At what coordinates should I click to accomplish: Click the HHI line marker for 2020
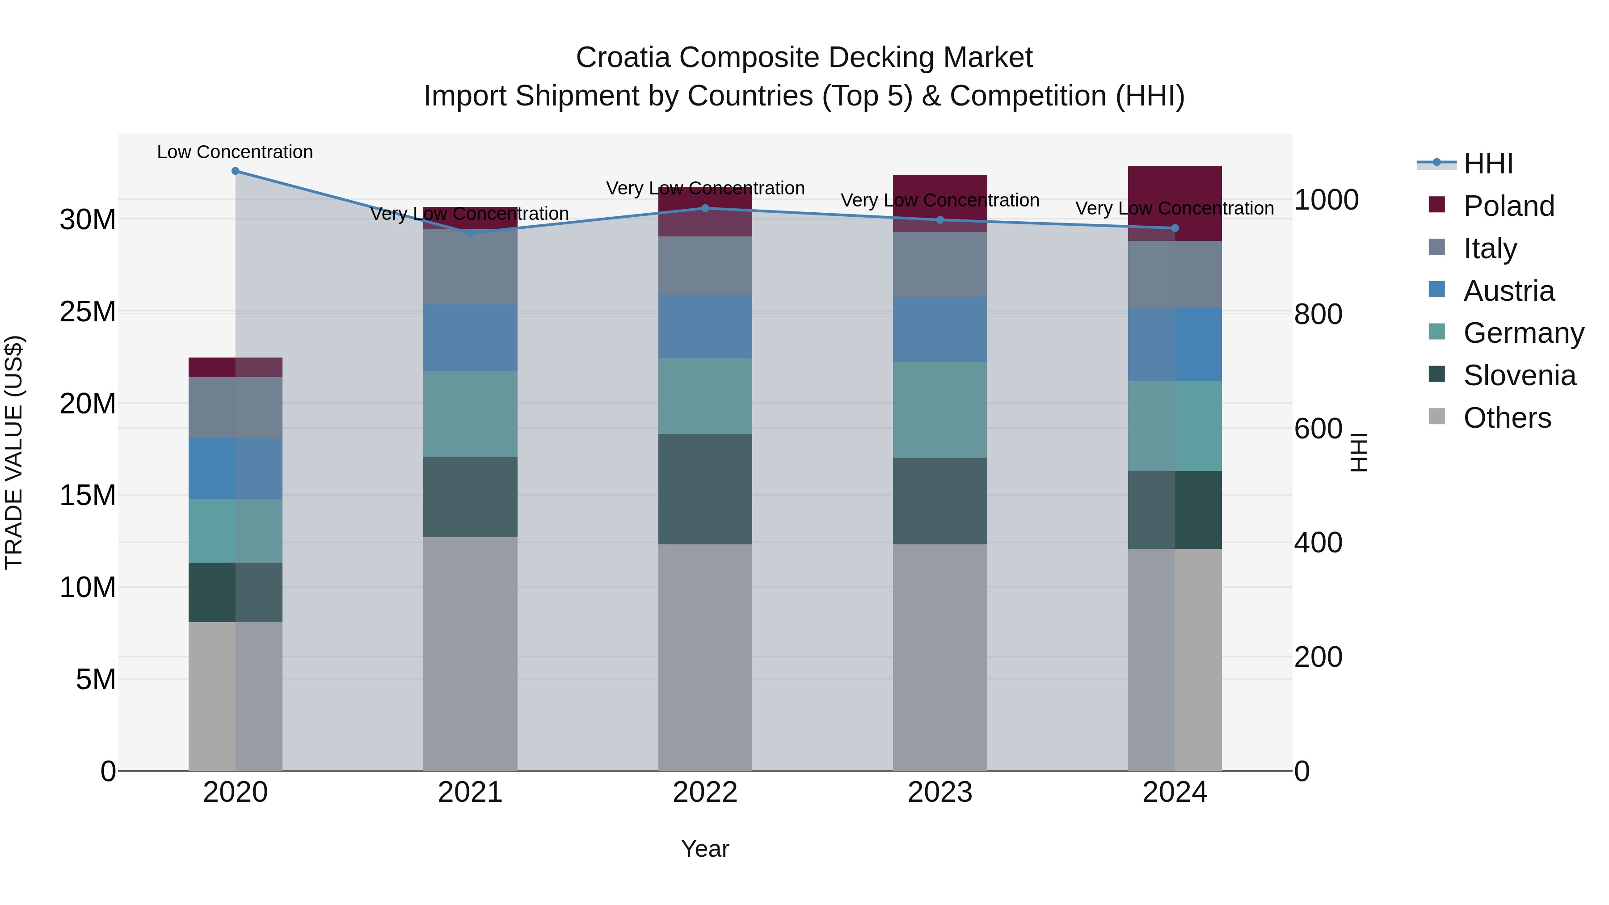tap(236, 171)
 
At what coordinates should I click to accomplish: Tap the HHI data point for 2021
tap(470, 233)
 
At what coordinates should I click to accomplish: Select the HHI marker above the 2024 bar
tap(1175, 228)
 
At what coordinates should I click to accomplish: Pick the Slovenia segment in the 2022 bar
tap(705, 489)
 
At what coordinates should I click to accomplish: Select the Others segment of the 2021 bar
tap(470, 653)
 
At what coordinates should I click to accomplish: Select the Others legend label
tap(1507, 418)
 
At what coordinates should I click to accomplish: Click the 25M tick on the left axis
tap(88, 311)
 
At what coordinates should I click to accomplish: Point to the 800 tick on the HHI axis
tap(1318, 314)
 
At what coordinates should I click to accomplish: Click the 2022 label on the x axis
tap(705, 792)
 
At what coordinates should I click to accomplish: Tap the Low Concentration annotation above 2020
tap(235, 152)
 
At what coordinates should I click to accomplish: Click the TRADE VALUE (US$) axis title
tap(14, 452)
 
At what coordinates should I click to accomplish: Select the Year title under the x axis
tap(705, 849)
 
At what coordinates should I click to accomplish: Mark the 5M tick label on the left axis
tap(96, 679)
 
